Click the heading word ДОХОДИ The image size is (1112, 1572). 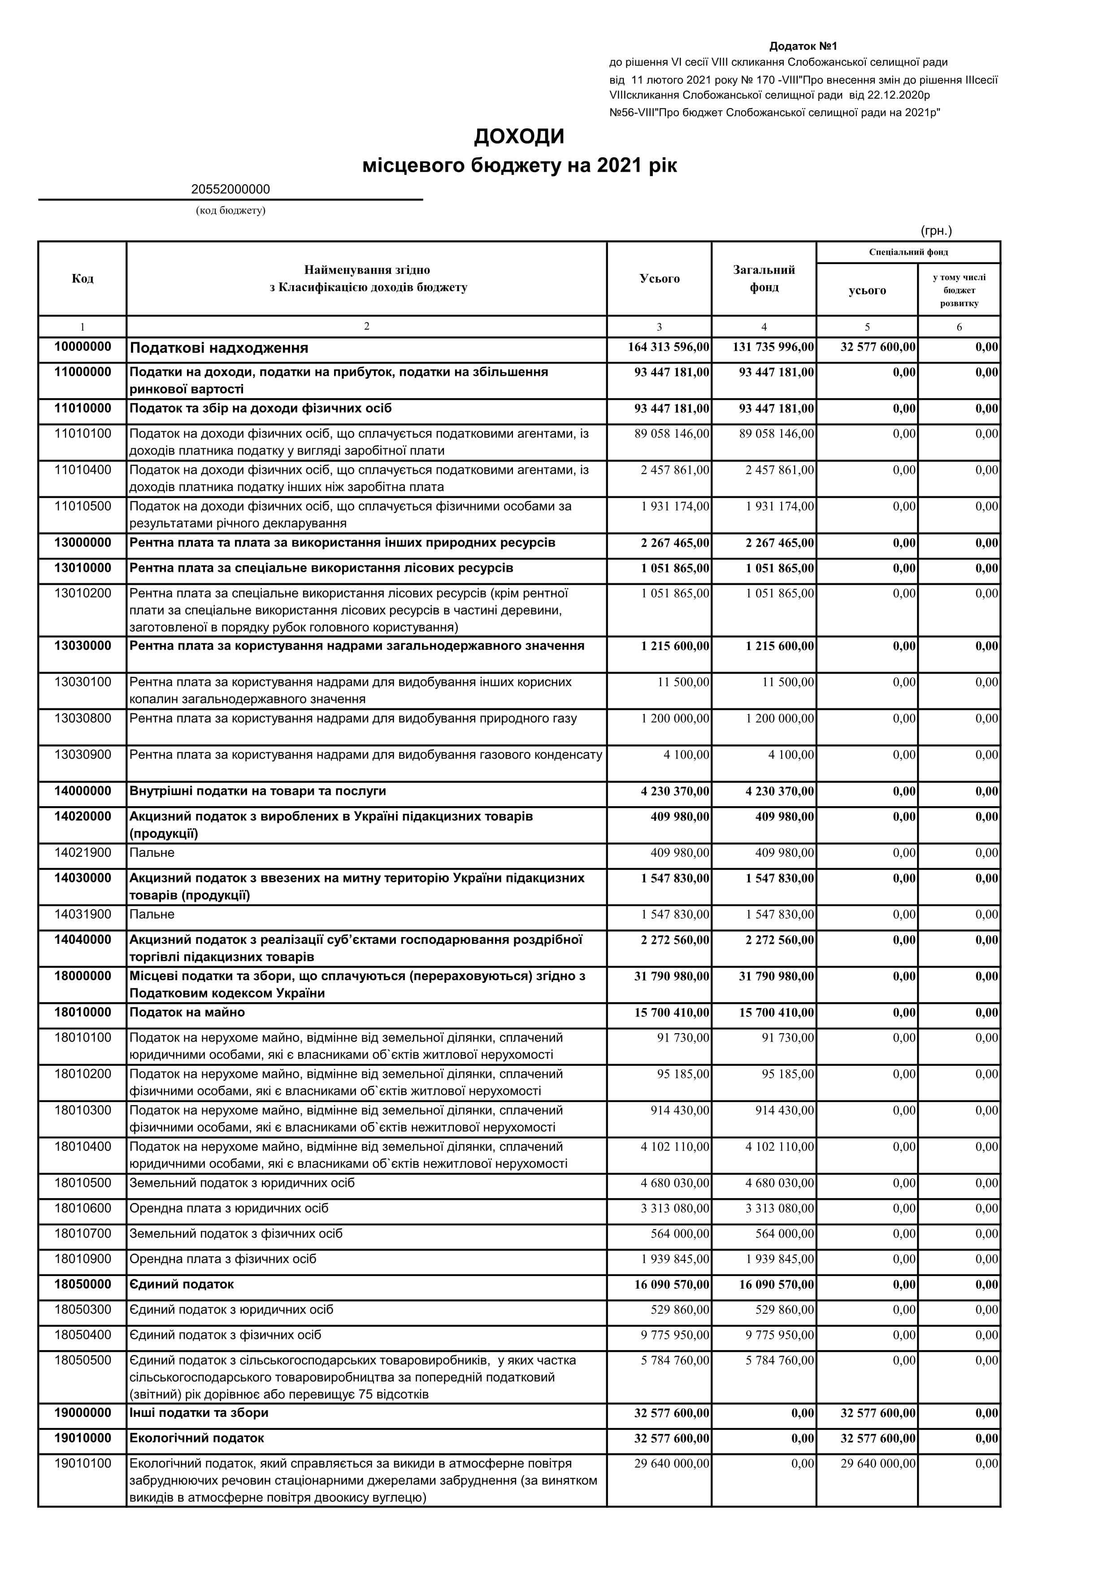519,137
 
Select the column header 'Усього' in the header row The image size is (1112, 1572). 660,278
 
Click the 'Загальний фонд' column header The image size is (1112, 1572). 764,278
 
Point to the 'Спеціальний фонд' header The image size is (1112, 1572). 908,252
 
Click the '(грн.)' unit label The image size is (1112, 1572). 936,231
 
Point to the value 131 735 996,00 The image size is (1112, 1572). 773,348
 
